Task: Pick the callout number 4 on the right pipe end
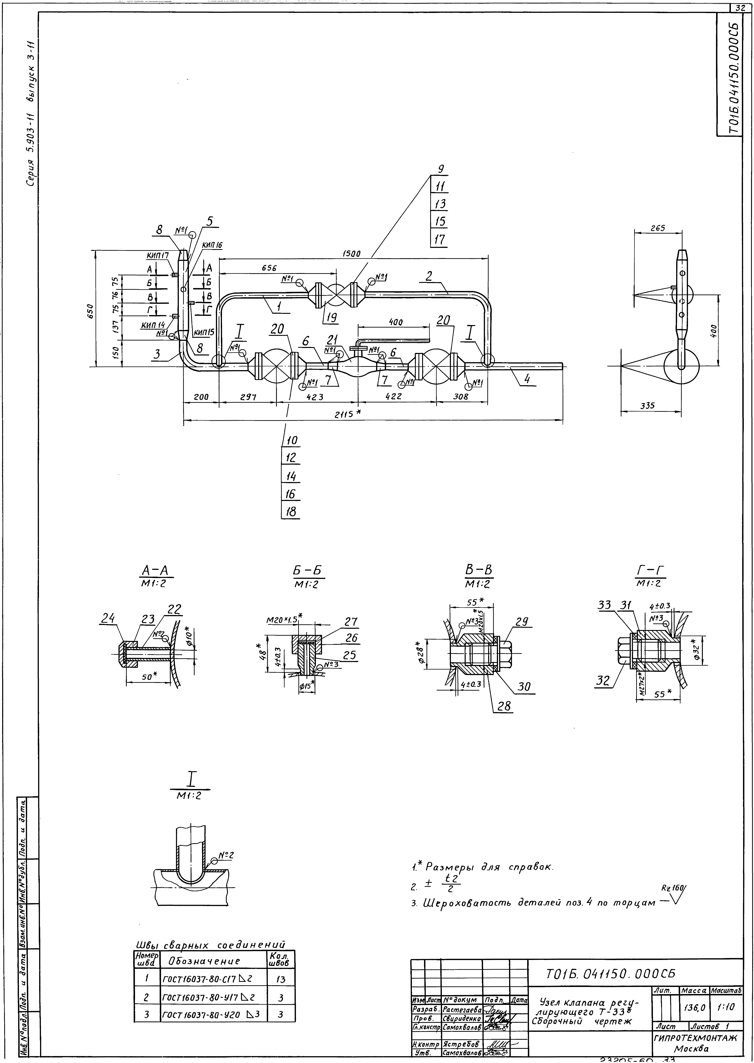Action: (x=527, y=379)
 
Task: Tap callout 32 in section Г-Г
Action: (x=603, y=681)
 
